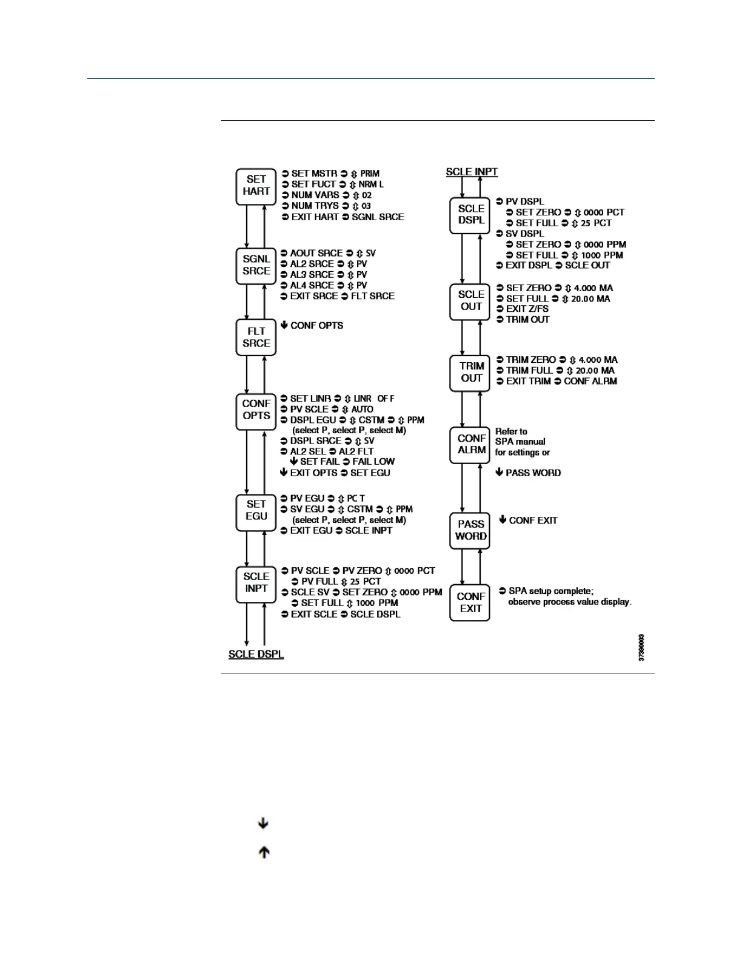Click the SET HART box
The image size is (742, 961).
point(256,186)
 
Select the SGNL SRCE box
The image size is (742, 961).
point(256,265)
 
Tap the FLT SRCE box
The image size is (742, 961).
point(256,337)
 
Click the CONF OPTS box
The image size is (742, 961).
point(256,410)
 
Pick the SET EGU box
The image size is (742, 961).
point(256,510)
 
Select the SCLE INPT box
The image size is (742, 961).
point(256,583)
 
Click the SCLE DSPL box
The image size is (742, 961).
point(470,215)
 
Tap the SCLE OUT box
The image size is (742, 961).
point(470,301)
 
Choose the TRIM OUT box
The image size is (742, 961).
point(470,373)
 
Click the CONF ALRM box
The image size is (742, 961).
point(470,445)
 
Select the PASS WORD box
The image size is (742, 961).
point(470,530)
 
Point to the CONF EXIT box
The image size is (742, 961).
point(470,602)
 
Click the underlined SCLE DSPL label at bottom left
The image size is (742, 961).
point(256,655)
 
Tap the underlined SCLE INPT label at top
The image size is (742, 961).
point(472,172)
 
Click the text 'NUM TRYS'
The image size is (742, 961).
point(315,206)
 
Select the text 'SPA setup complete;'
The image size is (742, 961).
point(551,591)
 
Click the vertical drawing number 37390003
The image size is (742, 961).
point(641,647)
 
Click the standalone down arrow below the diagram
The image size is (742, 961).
point(263,823)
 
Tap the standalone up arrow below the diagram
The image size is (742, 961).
point(264,852)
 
